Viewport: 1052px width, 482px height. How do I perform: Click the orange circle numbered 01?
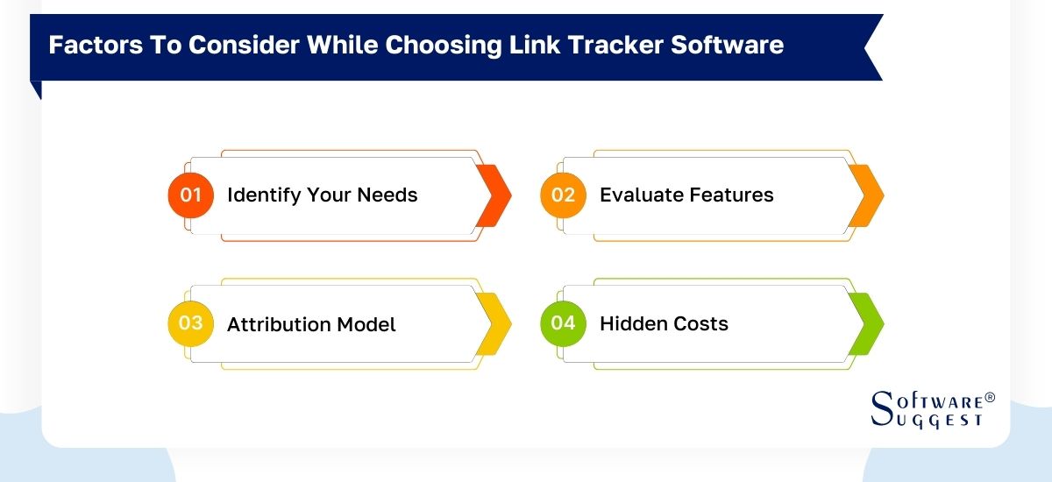[191, 195]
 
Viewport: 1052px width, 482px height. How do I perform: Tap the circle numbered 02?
[563, 195]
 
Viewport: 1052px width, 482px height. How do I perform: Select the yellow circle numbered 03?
[191, 323]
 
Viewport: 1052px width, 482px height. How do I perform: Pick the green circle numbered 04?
[563, 323]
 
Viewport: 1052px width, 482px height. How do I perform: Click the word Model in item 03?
[369, 324]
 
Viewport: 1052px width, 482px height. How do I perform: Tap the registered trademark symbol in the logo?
[990, 397]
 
